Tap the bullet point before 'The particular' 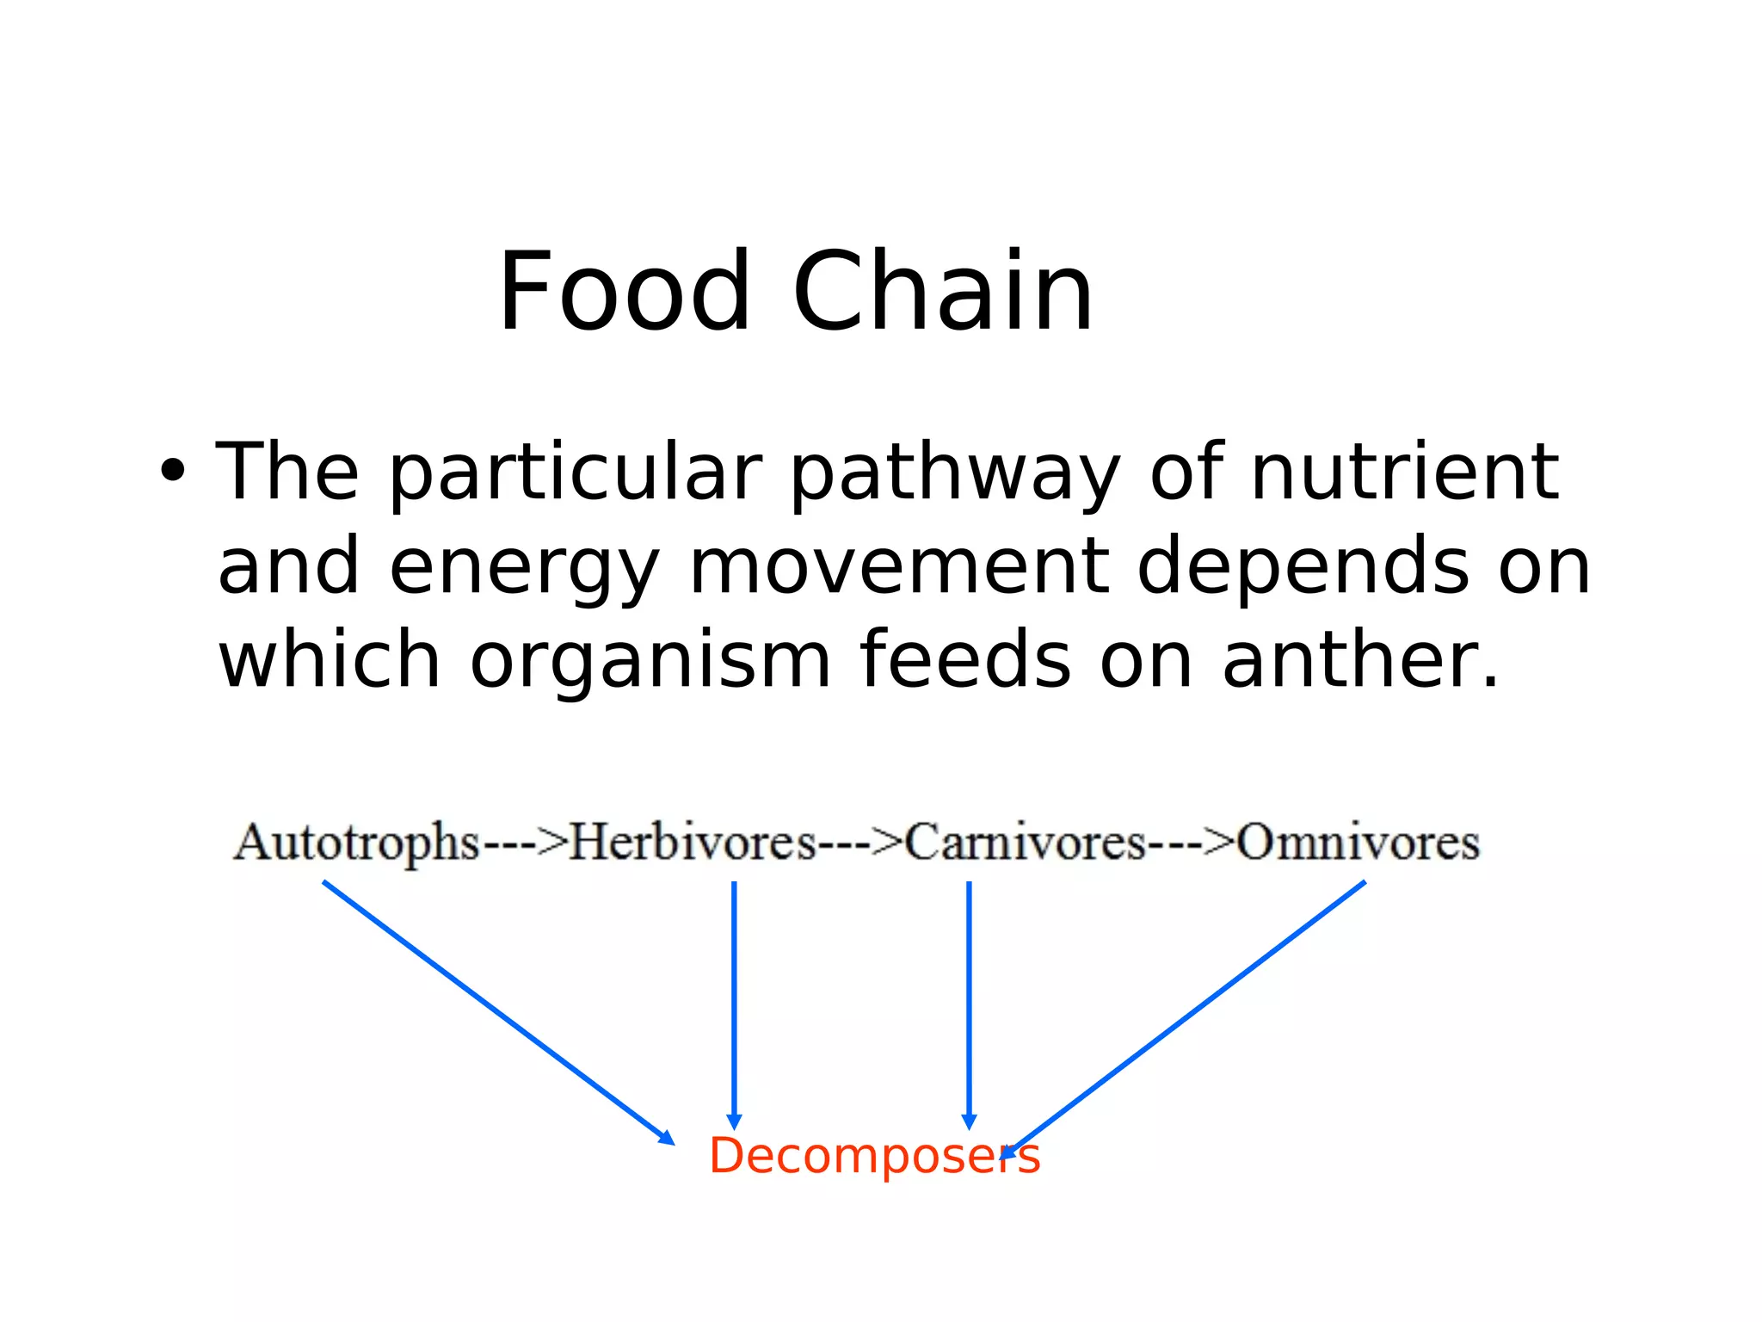click(172, 471)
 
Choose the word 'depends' click(1303, 568)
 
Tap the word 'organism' click(650, 661)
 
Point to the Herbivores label click(693, 842)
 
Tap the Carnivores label click(1025, 842)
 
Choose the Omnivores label click(1358, 842)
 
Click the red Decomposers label click(873, 1155)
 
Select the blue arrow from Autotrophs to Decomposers click(497, 1012)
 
